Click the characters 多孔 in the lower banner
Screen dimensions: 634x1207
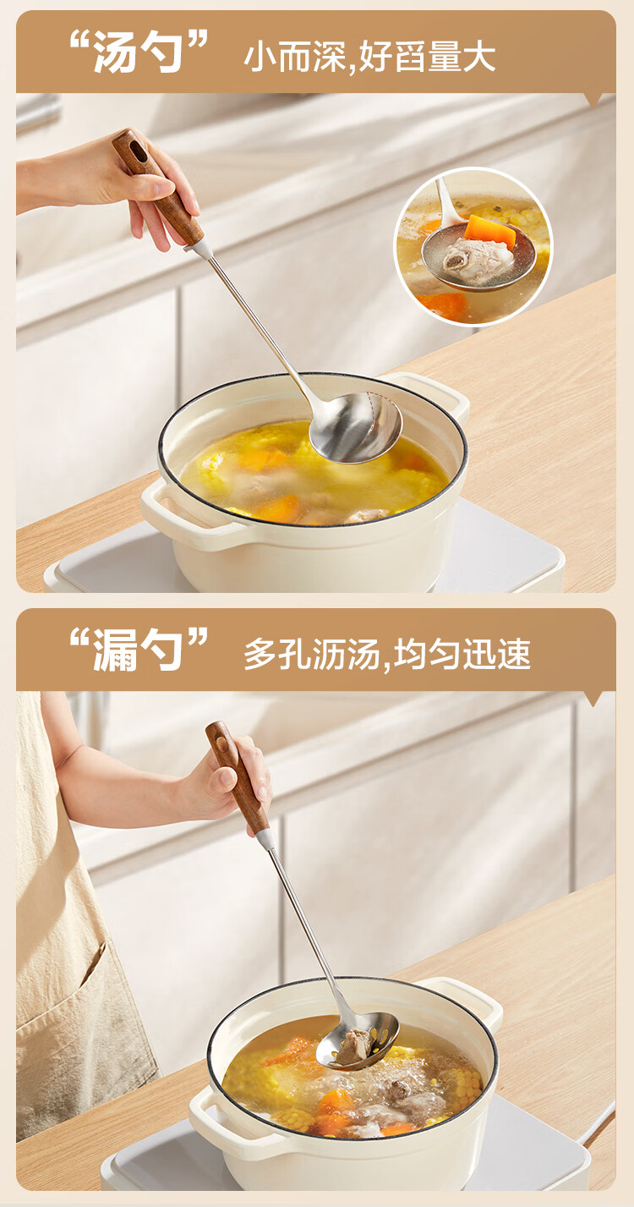point(277,654)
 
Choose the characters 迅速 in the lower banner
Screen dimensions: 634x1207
point(497,654)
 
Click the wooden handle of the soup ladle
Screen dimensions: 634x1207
point(157,185)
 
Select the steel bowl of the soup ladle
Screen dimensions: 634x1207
point(356,427)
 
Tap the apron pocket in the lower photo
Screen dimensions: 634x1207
point(81,997)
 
